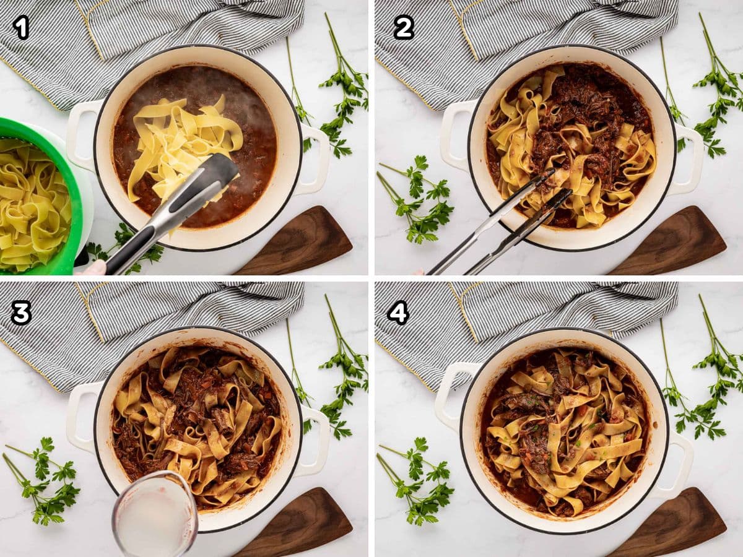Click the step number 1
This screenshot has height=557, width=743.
point(21,28)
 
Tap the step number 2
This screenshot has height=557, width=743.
point(404,28)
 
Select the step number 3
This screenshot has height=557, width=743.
point(21,313)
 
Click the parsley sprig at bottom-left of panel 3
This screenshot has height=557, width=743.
point(42,480)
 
